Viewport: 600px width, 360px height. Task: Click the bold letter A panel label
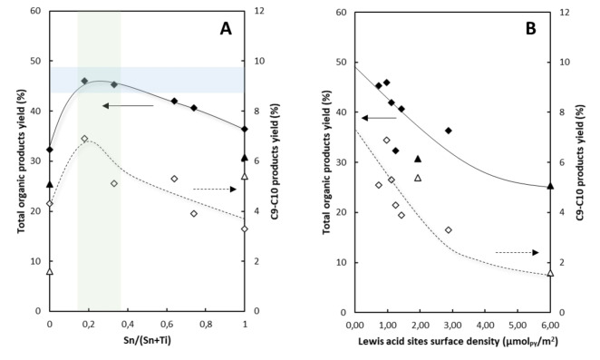pos(227,28)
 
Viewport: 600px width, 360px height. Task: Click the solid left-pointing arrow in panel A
pos(126,106)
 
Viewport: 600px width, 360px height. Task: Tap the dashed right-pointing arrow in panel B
pos(519,252)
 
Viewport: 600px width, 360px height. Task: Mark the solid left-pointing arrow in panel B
pos(378,118)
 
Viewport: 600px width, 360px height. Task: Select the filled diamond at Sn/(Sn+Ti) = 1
pos(245,129)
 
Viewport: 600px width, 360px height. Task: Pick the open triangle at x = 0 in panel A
pos(50,271)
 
